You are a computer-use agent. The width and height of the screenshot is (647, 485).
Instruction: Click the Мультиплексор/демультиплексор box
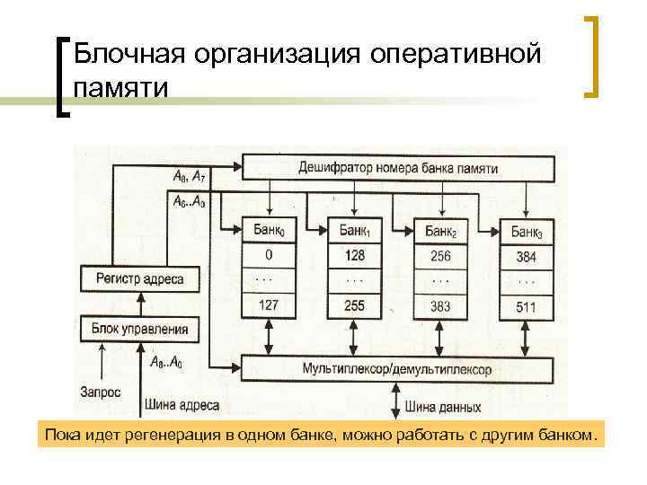(x=396, y=369)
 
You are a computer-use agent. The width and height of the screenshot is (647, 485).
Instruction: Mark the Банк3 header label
(x=527, y=232)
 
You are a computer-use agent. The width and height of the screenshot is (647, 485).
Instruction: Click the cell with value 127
(x=269, y=305)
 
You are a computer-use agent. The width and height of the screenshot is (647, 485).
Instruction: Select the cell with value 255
(x=354, y=305)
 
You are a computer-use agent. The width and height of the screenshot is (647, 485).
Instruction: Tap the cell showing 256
(x=440, y=256)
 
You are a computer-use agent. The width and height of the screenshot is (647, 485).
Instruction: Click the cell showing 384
(x=527, y=257)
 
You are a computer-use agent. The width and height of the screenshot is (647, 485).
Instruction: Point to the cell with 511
(x=527, y=306)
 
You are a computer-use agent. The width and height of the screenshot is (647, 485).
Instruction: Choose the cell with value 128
(x=354, y=256)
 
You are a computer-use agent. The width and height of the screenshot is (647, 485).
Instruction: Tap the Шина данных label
(x=443, y=406)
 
